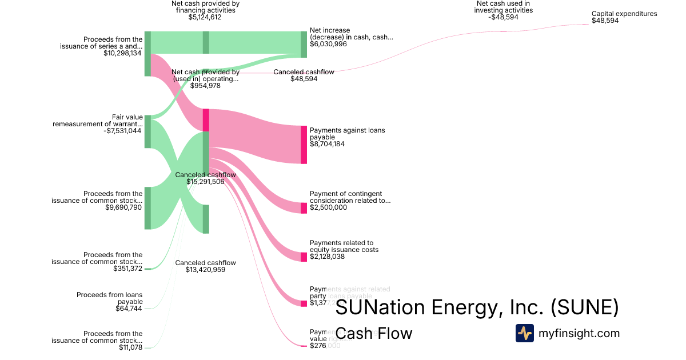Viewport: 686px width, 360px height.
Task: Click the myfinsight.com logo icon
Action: pyautogui.click(x=525, y=333)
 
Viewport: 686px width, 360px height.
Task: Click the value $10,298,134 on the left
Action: pyautogui.click(x=122, y=53)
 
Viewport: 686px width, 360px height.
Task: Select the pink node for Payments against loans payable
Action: pyautogui.click(x=304, y=145)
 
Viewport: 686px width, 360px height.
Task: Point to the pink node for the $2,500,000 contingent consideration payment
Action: pyautogui.click(x=304, y=208)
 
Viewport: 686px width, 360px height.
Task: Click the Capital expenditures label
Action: pyautogui.click(x=624, y=14)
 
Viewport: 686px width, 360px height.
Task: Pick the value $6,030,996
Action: pyautogui.click(x=328, y=44)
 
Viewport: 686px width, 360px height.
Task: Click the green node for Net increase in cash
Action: pyautogui.click(x=304, y=44)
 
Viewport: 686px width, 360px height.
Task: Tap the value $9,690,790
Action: pyautogui.click(x=123, y=207)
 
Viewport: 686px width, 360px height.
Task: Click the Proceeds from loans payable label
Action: pyautogui.click(x=110, y=298)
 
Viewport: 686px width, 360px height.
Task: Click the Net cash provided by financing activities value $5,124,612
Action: pyautogui.click(x=205, y=17)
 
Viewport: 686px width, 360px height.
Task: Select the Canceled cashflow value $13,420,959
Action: pyautogui.click(x=205, y=270)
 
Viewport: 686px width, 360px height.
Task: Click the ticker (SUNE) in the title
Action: pyautogui.click(x=584, y=307)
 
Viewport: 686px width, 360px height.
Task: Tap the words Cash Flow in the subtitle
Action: pyautogui.click(x=373, y=333)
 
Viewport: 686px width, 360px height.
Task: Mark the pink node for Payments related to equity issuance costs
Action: pyautogui.click(x=304, y=257)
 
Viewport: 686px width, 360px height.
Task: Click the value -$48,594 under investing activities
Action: pyautogui.click(x=504, y=17)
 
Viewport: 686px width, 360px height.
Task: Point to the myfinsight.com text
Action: pyautogui.click(x=579, y=333)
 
